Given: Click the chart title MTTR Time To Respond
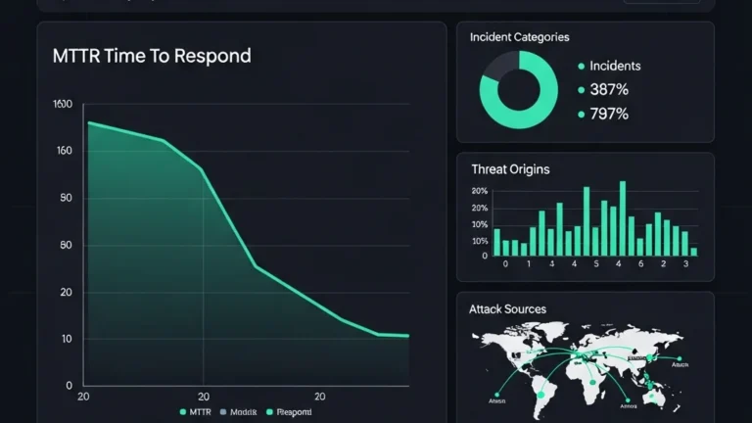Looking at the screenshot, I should pos(152,56).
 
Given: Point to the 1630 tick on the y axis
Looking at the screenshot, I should pos(62,104).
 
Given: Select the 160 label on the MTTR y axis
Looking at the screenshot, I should pos(64,151).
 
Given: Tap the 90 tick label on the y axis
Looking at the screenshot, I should pos(66,198).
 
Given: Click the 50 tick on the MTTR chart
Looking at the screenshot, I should pos(66,245).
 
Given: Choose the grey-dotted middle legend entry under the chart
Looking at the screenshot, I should pos(240,412).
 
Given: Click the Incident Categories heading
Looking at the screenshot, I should pos(519,37).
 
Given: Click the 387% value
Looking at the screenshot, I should pos(609,90).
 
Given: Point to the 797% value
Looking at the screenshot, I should pos(609,114).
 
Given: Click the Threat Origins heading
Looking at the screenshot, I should pos(510,169).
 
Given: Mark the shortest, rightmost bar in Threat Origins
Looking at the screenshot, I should pos(693,252).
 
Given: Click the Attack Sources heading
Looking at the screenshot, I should pos(507,309).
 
